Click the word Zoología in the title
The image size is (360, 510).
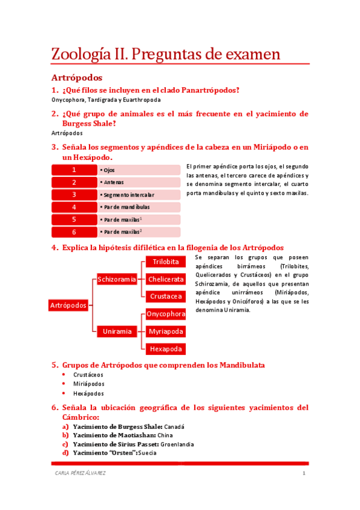point(84,55)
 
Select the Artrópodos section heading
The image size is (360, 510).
point(76,78)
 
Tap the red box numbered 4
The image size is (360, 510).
point(74,207)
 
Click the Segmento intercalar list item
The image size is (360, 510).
point(129,195)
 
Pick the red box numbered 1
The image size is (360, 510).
point(74,170)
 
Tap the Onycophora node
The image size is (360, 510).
point(165,314)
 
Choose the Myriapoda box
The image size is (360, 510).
point(165,331)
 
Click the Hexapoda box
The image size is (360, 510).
point(165,349)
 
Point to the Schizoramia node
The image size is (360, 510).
point(117,279)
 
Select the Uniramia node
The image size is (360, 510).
point(117,331)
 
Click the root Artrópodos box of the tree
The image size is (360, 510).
point(68,306)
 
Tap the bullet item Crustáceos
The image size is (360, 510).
point(88,374)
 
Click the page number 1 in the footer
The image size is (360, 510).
point(304,474)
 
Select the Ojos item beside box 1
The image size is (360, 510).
point(109,170)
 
